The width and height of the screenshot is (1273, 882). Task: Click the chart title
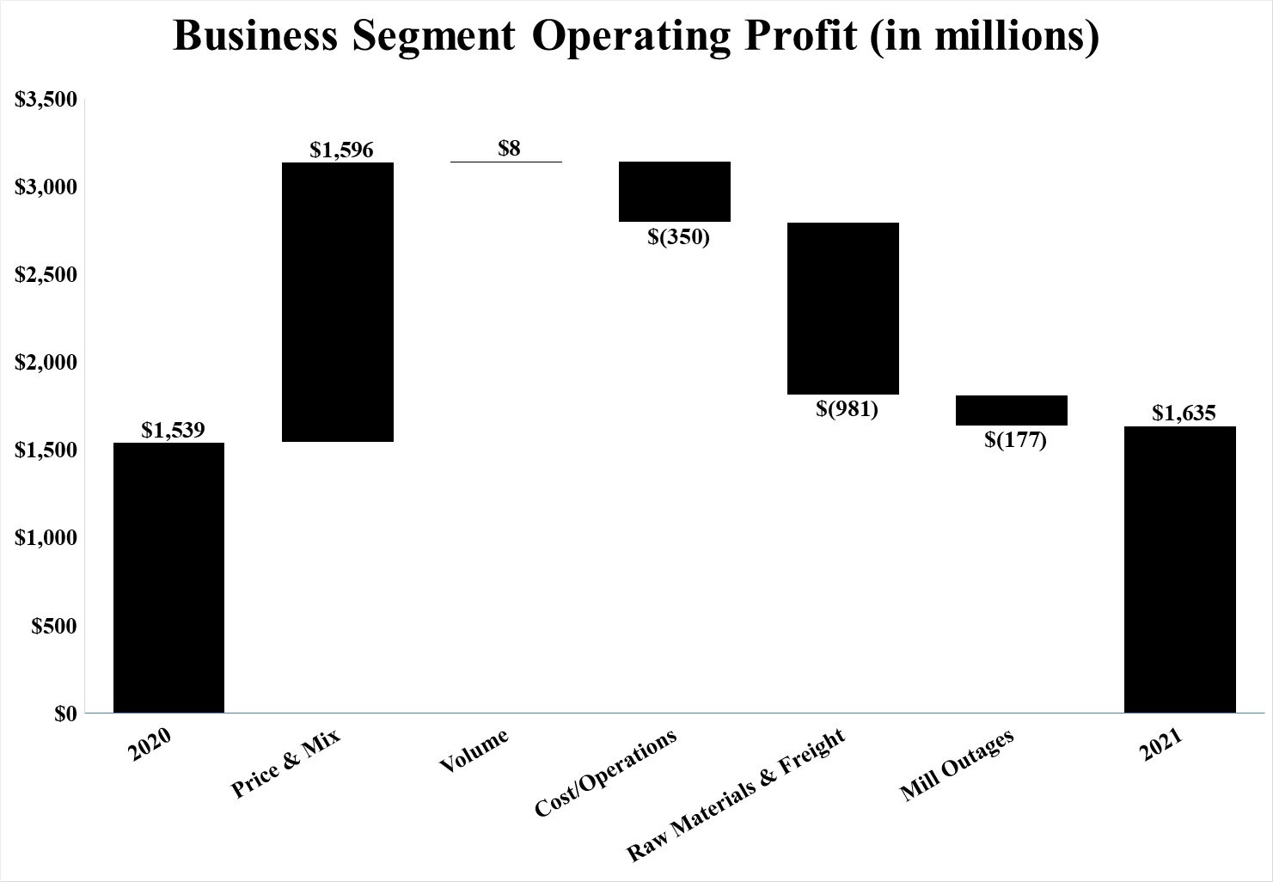click(x=636, y=37)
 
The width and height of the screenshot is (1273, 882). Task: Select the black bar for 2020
click(x=168, y=577)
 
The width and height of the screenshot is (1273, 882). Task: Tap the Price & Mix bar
click(x=338, y=302)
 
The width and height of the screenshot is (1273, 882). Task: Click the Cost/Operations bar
click(x=675, y=192)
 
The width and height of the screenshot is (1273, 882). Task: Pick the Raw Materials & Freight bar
click(x=843, y=308)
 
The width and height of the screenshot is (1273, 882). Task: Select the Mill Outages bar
click(x=1012, y=410)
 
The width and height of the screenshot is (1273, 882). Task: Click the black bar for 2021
click(x=1180, y=569)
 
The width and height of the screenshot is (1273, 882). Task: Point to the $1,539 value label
click(x=173, y=429)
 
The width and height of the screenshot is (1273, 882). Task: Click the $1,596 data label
click(x=341, y=150)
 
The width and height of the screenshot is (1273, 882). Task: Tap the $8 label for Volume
click(x=509, y=148)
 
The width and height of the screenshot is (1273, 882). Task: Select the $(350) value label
click(x=679, y=236)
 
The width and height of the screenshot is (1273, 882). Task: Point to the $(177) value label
click(x=1015, y=440)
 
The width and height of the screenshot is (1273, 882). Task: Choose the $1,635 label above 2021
click(x=1184, y=413)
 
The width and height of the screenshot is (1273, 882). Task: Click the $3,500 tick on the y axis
click(x=46, y=100)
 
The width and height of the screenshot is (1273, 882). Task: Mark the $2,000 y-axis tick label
click(x=46, y=363)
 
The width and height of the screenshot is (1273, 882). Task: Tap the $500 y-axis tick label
click(x=54, y=626)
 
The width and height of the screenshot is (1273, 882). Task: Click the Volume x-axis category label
click(x=474, y=750)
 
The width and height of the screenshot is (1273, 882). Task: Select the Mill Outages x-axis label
click(x=957, y=765)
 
